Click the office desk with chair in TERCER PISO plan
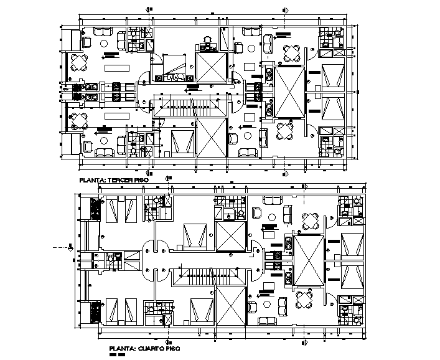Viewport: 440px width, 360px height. point(207,44)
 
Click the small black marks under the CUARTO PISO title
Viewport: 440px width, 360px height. point(116,355)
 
